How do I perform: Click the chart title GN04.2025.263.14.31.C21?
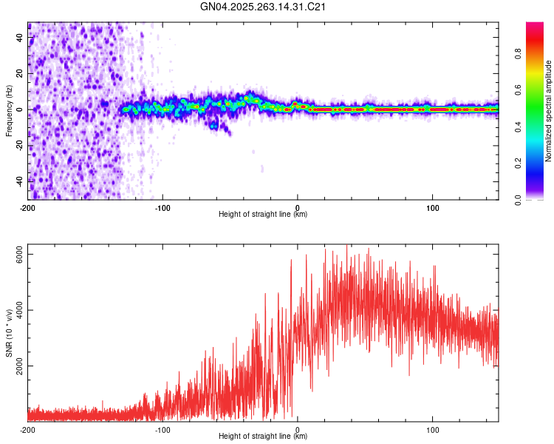264,7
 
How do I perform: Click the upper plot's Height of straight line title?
263,215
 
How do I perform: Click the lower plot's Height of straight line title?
263,437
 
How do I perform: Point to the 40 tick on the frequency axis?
21,38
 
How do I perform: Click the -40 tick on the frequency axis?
21,181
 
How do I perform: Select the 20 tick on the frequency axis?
21,74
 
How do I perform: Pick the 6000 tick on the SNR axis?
21,254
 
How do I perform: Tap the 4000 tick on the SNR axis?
21,310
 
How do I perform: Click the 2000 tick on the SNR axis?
21,366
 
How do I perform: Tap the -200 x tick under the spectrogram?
28,207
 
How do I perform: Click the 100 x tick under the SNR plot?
432,429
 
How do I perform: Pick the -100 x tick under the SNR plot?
163,429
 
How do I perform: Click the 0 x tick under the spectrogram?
298,207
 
